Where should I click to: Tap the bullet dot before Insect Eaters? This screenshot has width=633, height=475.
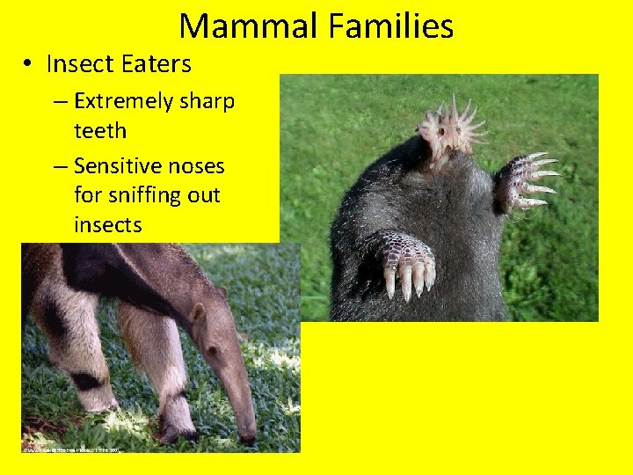tap(29, 65)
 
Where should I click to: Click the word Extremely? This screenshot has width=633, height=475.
tap(123, 102)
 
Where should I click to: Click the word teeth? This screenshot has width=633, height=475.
tap(100, 131)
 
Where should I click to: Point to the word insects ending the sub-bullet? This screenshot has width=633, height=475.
tap(107, 225)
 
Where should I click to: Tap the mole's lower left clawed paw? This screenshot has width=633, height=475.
tap(405, 264)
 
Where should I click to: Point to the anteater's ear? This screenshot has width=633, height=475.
tap(199, 313)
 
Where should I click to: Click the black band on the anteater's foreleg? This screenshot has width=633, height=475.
tap(85, 380)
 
